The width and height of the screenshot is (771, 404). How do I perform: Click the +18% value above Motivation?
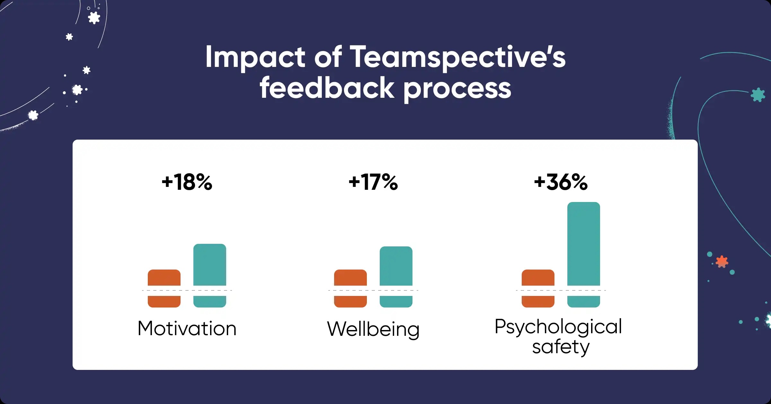tap(187, 182)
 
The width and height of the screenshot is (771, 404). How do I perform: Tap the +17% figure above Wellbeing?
tap(373, 182)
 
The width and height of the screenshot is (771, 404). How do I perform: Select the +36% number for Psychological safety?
tap(561, 182)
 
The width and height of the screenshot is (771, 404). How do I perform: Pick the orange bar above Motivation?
tap(164, 278)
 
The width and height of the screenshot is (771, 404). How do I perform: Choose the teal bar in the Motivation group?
tap(210, 265)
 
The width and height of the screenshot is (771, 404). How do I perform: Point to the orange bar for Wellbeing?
tap(350, 278)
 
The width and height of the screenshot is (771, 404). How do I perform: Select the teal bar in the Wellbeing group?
tap(396, 266)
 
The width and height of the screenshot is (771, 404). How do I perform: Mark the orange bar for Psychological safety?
tap(538, 278)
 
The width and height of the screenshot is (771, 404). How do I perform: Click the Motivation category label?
tap(187, 328)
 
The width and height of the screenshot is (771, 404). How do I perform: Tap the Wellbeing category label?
tap(373, 329)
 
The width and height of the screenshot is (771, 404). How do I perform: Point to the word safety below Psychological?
tap(561, 347)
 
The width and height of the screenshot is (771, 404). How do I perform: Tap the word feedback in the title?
tap(327, 88)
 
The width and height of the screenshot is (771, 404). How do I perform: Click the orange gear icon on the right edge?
tap(722, 262)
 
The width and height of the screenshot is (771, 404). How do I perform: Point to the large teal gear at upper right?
tap(758, 95)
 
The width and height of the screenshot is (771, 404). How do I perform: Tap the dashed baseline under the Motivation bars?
tap(187, 290)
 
